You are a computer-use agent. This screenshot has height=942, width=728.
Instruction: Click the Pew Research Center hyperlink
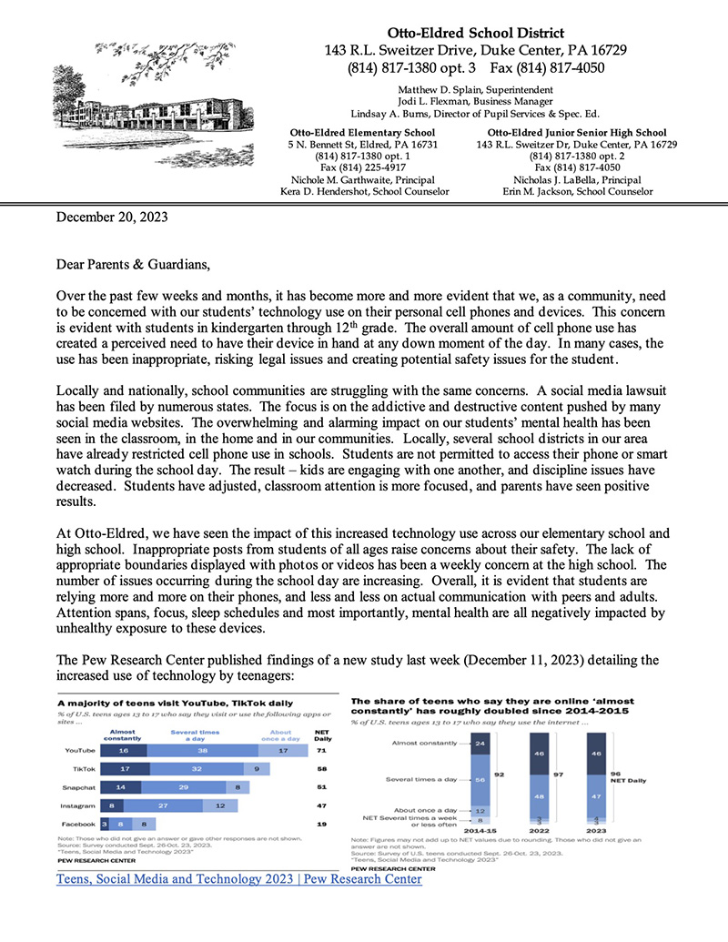point(239,880)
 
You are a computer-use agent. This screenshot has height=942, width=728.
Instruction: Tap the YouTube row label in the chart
point(81,752)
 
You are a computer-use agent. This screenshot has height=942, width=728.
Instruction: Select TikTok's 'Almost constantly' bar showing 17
point(122,770)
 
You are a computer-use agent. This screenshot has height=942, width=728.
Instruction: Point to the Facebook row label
point(79,824)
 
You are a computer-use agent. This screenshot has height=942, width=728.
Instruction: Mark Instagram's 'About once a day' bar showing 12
point(219,805)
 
